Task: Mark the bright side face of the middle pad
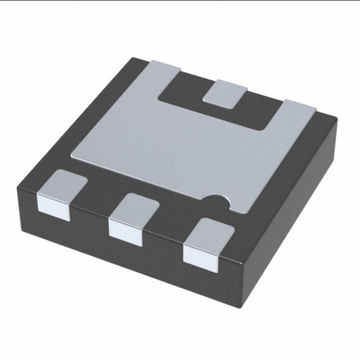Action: (125, 228)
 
